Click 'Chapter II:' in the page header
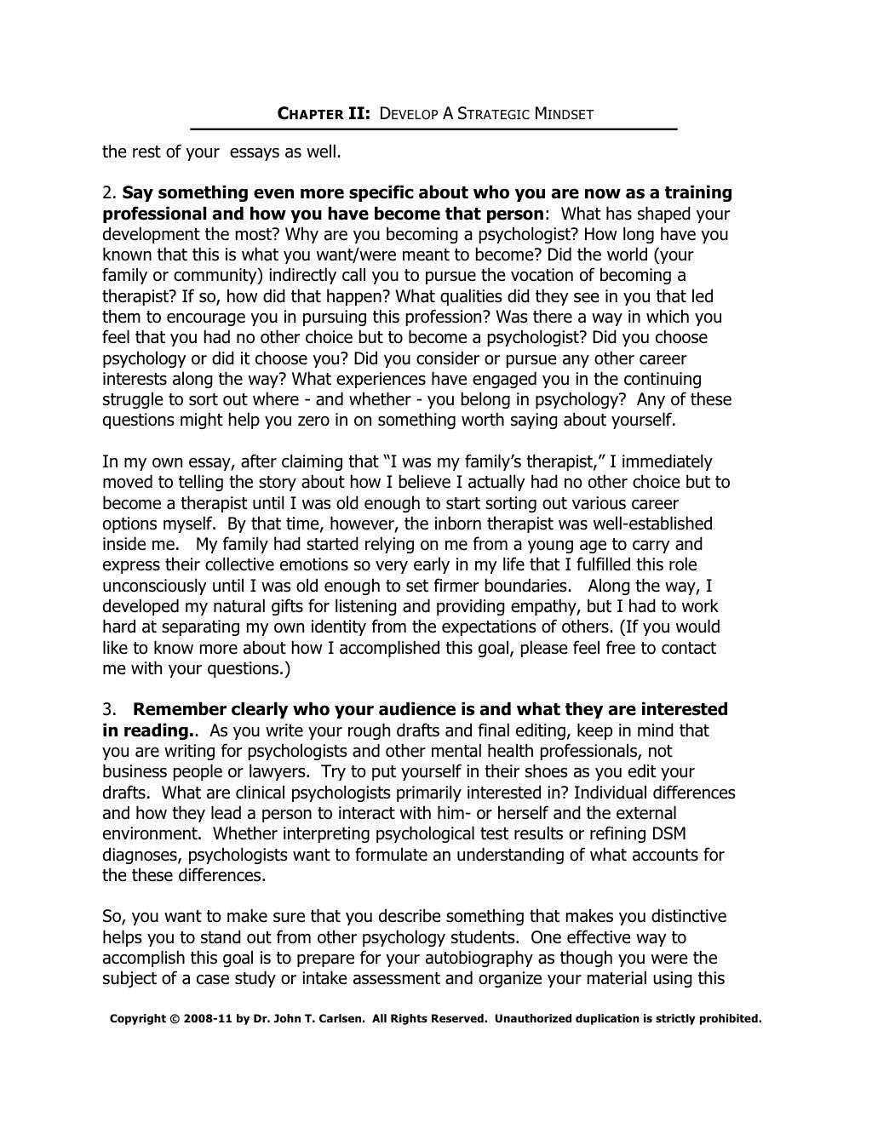click(324, 113)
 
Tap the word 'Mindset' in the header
click(563, 113)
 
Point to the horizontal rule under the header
click(433, 129)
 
